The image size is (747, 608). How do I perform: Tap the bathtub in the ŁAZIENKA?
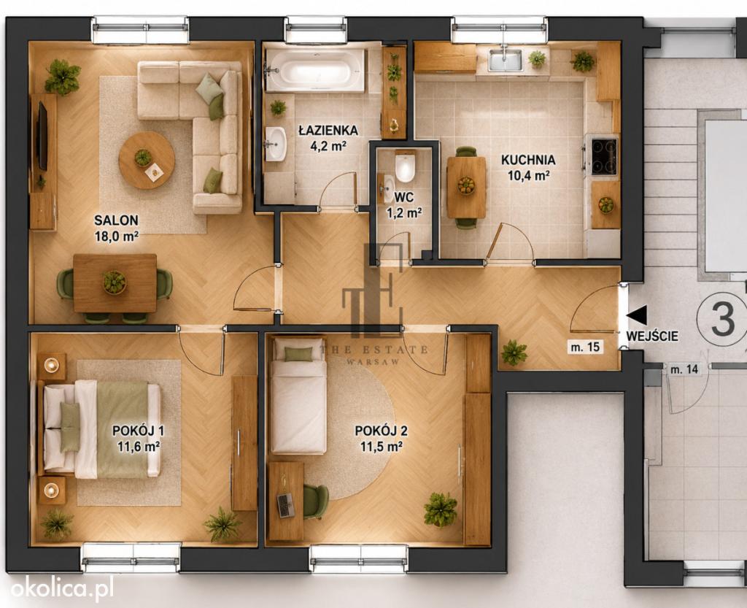click(x=315, y=71)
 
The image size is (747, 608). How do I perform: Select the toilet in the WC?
click(x=405, y=166)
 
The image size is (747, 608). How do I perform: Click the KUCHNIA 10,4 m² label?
click(x=528, y=167)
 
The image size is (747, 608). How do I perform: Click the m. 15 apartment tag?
click(x=586, y=347)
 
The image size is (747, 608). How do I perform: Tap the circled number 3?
click(x=722, y=319)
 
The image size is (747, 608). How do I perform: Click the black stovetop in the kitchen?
click(x=604, y=157)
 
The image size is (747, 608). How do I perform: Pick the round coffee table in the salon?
click(x=146, y=160)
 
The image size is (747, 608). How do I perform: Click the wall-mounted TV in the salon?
click(x=42, y=136)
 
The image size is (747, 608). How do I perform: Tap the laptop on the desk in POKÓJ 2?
click(x=286, y=505)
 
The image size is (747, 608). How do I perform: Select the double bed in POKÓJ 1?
click(x=101, y=429)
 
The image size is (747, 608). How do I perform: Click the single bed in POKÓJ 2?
click(x=298, y=396)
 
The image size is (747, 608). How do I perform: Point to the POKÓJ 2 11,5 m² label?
click(x=381, y=439)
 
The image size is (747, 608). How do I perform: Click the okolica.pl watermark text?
click(x=62, y=588)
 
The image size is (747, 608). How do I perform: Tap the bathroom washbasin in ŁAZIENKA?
click(x=275, y=144)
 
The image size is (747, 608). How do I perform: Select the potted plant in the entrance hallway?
click(x=514, y=353)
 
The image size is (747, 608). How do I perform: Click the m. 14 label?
click(x=684, y=369)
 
